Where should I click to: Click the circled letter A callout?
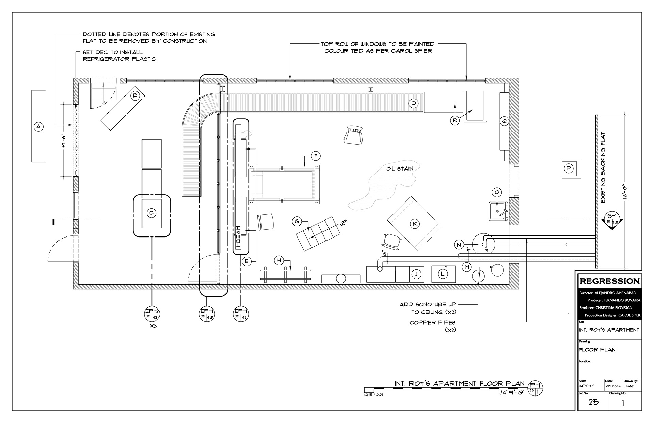(x=38, y=127)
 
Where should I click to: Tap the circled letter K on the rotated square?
(x=415, y=224)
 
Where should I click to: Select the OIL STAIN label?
(x=400, y=169)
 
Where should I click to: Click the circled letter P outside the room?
(x=568, y=168)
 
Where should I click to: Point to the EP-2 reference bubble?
(x=152, y=314)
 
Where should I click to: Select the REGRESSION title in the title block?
(x=610, y=281)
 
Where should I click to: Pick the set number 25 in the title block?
(x=593, y=402)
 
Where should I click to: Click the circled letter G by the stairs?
(x=297, y=222)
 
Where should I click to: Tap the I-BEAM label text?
(x=238, y=237)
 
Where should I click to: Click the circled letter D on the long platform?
(x=413, y=103)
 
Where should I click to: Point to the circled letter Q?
(x=504, y=121)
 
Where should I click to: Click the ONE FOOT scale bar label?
(x=373, y=395)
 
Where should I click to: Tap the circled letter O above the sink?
(x=497, y=193)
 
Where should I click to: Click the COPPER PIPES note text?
(x=432, y=322)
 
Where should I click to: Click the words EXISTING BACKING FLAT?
(x=603, y=168)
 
